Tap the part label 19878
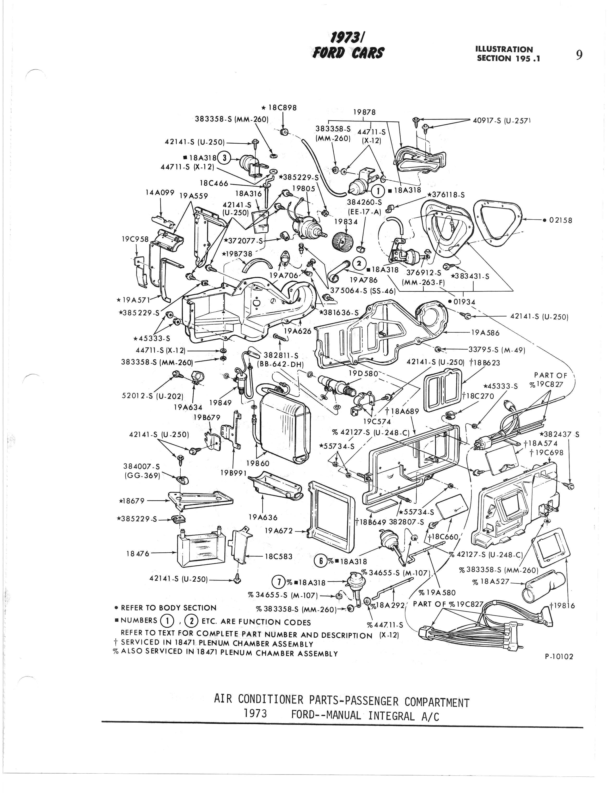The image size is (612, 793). point(364,112)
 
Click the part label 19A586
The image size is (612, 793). point(485,333)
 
